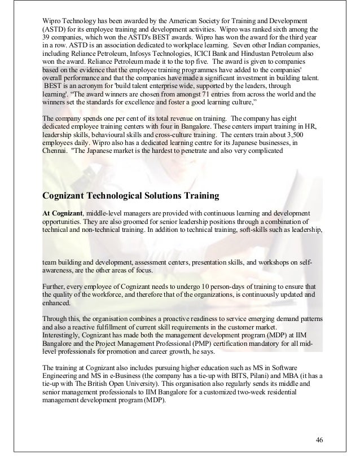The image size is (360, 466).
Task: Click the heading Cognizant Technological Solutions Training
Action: tap(130, 196)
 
